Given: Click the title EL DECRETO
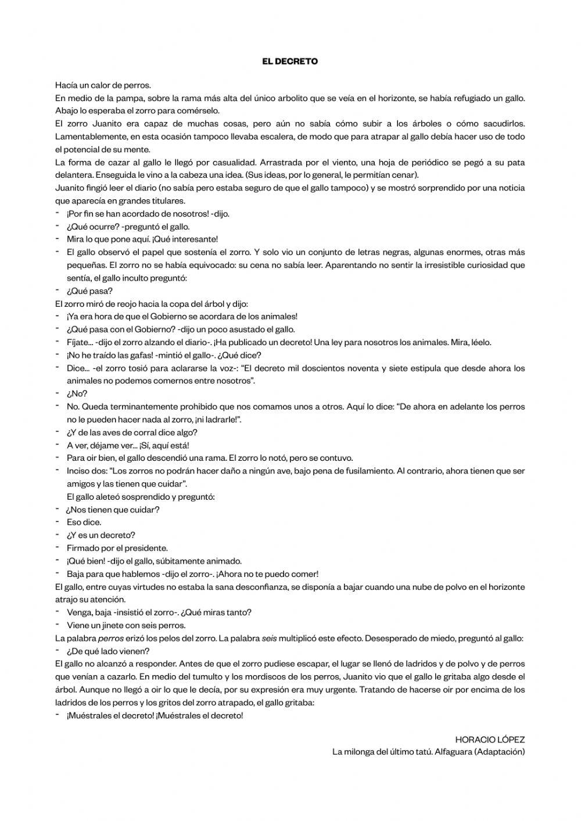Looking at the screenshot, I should [290, 61].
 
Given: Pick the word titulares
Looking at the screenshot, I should [167, 201].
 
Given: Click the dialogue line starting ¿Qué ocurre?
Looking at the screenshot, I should [128, 227].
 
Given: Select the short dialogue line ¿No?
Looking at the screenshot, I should [77, 394].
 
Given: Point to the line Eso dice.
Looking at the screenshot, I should [84, 522].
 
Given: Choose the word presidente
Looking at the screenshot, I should [148, 548].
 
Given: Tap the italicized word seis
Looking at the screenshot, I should [269, 638].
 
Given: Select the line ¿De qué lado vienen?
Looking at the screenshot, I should [108, 651].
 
